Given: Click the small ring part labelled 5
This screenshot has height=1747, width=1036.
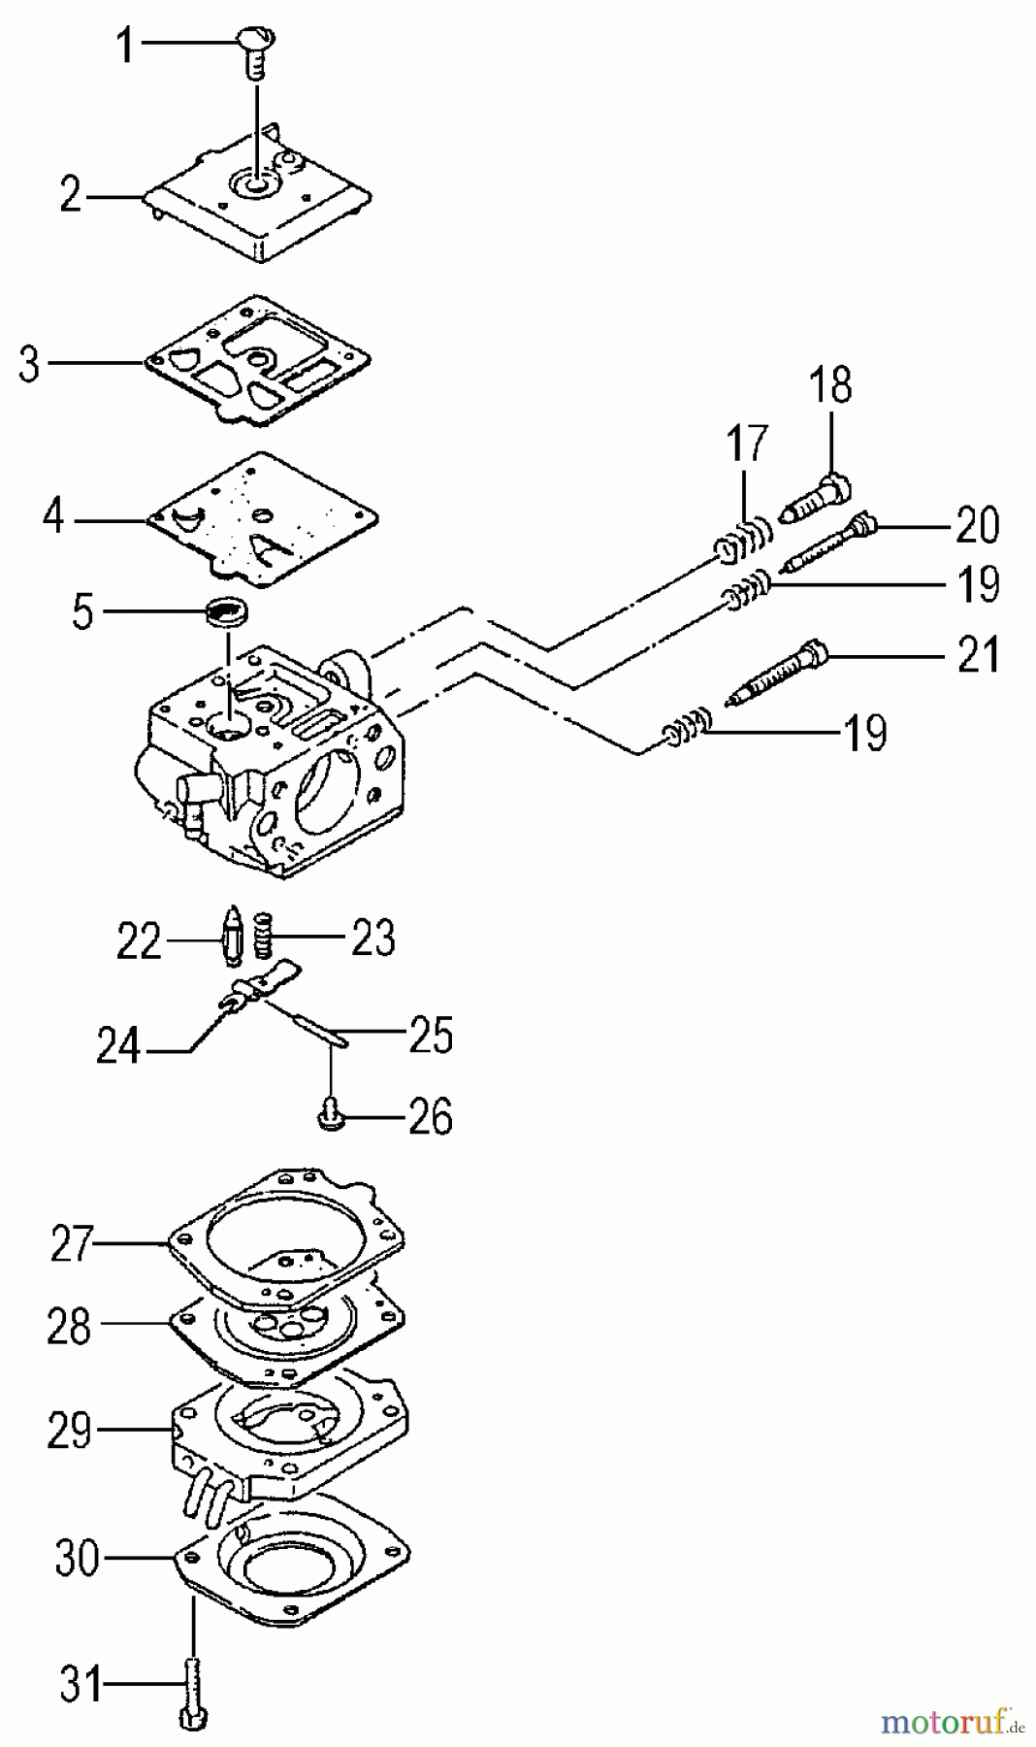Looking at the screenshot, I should [x=229, y=612].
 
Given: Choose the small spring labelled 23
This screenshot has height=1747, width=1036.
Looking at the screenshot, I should [x=261, y=934].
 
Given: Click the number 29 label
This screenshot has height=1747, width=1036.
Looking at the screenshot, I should [x=69, y=1430].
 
